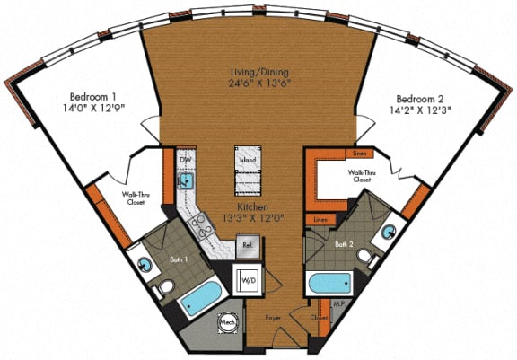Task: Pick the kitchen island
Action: click(249, 170)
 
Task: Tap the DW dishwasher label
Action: click(187, 160)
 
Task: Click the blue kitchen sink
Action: click(188, 181)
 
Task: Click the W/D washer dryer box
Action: click(248, 280)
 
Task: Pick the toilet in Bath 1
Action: click(165, 289)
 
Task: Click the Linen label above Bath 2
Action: click(359, 154)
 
